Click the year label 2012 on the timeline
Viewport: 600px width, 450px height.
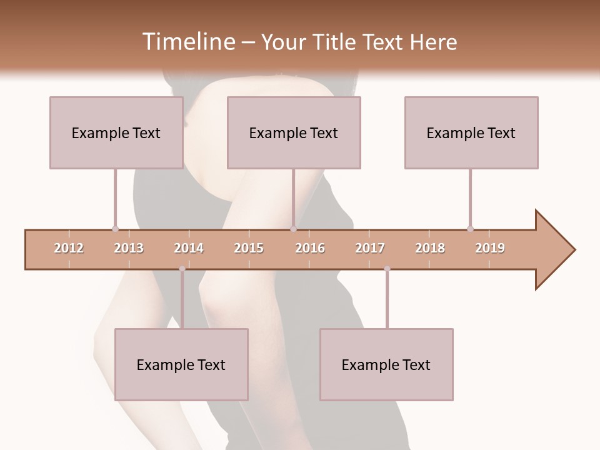point(69,248)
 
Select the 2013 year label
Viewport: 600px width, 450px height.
point(129,248)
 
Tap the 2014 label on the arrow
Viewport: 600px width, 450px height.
point(189,248)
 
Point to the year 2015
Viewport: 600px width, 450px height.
point(249,248)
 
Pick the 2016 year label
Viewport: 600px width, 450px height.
point(310,248)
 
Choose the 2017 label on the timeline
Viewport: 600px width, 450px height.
point(370,248)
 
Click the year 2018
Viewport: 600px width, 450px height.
point(430,248)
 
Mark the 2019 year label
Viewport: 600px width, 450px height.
point(490,248)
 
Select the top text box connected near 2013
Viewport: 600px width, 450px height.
point(116,132)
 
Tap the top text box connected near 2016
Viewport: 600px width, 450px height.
point(294,132)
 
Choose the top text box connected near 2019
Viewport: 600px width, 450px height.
point(471,132)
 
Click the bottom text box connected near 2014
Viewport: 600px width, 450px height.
point(181,364)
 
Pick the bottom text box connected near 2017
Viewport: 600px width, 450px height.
point(386,364)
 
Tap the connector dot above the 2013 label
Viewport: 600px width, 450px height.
point(115,229)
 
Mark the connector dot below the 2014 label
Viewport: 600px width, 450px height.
point(182,269)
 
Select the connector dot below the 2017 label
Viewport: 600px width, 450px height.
point(387,269)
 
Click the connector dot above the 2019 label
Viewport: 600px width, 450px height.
point(470,229)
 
